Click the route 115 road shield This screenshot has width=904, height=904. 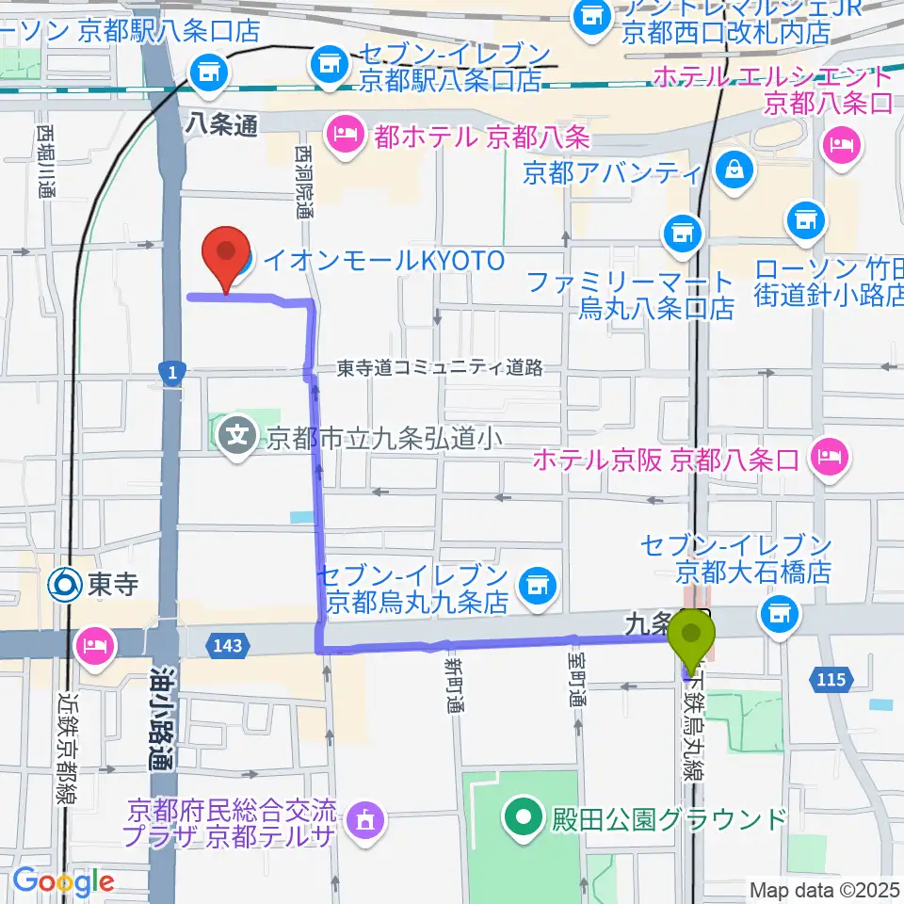831,677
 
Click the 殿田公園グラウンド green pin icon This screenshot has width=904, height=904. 521,816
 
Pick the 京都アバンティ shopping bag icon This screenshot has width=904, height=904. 733,170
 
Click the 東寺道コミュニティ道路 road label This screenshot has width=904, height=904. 440,368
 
